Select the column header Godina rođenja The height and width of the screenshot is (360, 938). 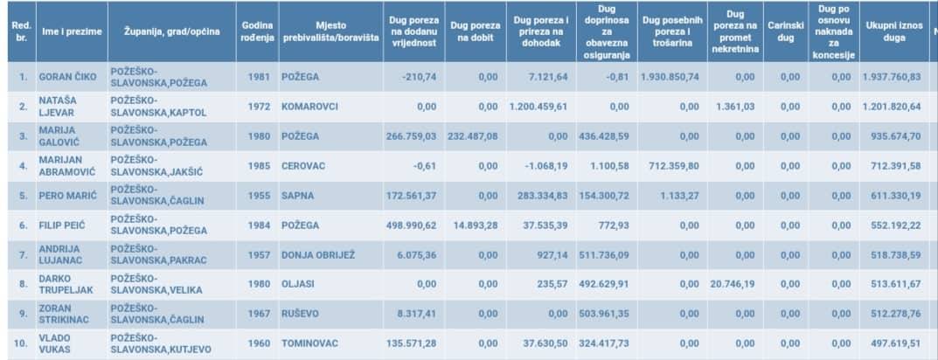coord(257,31)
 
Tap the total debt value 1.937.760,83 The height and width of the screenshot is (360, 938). coord(891,77)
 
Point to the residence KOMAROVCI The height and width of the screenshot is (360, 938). coord(309,107)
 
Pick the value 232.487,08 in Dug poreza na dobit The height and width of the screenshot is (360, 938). coord(473,136)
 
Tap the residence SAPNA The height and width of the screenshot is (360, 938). coord(297,196)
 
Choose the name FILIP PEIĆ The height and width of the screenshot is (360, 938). coord(61,225)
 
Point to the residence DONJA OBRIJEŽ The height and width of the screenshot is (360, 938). coord(318,255)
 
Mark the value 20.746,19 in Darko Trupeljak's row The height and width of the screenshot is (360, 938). coord(733,285)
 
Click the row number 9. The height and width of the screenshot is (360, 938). coord(24,315)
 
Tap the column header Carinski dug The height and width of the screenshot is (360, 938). coord(785,31)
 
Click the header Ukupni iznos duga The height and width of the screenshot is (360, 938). coord(891,31)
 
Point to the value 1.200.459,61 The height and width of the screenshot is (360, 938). coord(538,107)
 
